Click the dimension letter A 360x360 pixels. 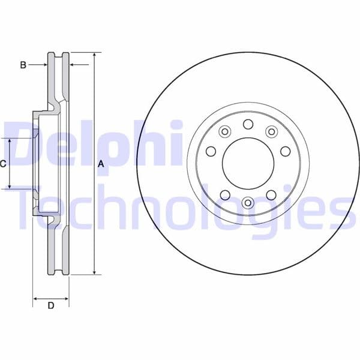point(101,164)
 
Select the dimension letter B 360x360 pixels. point(23,64)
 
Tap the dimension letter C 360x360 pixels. point(3,163)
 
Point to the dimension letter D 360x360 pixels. point(51,306)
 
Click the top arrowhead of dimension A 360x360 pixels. point(94,56)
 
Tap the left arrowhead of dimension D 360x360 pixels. point(35,298)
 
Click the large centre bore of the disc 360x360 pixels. point(248,164)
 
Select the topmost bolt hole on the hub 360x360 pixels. point(248,124)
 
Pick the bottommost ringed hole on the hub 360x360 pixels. point(248,203)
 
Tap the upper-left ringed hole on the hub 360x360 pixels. point(225,131)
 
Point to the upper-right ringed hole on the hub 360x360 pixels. point(271,131)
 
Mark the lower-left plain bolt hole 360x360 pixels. point(225,194)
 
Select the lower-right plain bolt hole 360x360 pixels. point(271,194)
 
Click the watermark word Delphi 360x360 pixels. point(90,144)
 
